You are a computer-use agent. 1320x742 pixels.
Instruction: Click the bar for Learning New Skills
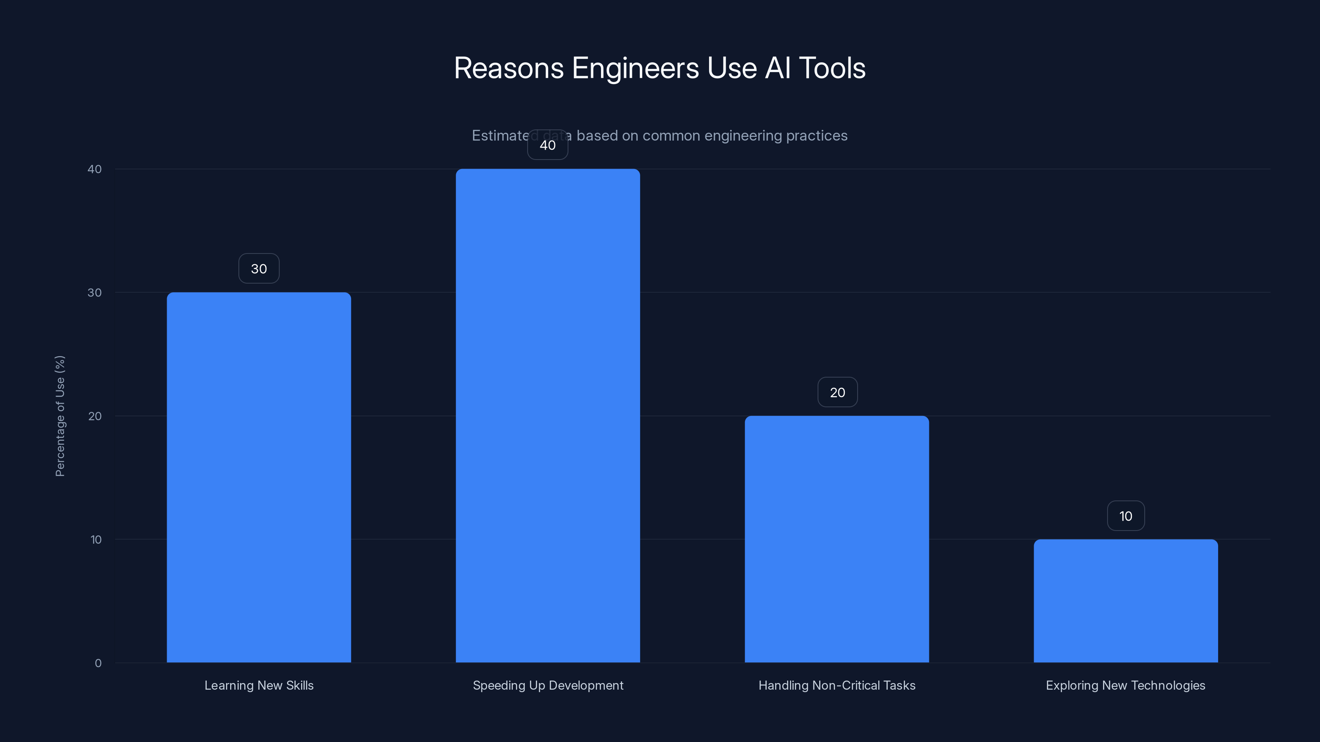(259, 477)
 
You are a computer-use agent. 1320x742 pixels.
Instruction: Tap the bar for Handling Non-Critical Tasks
(837, 539)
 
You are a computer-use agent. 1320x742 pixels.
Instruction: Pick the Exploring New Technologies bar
(1126, 601)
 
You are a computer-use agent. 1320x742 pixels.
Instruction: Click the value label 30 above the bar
(259, 268)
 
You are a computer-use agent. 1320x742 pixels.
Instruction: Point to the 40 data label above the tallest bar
(548, 145)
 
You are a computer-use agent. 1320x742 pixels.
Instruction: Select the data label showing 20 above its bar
(837, 392)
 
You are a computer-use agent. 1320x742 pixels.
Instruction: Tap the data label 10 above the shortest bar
(1126, 516)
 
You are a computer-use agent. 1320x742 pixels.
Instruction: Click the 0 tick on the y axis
(98, 663)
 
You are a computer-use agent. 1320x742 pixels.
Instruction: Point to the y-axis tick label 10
(96, 539)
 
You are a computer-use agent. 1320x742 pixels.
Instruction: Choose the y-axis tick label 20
(95, 416)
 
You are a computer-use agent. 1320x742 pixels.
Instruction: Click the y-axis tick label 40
(95, 169)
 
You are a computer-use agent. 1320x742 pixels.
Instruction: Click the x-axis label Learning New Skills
(259, 685)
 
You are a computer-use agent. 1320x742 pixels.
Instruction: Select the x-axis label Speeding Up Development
(548, 685)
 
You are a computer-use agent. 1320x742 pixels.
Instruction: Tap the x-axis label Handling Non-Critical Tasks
(837, 685)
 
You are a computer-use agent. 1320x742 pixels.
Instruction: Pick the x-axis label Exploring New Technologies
(1125, 685)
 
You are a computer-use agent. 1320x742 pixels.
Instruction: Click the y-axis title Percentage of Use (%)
(60, 416)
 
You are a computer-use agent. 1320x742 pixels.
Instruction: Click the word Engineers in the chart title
(635, 68)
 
